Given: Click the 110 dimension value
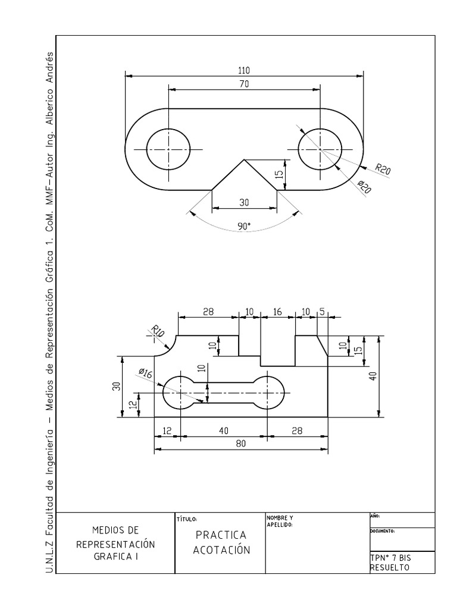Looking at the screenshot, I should [244, 70].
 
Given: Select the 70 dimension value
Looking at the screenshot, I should [244, 84].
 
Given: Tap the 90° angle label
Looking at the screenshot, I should [243, 226].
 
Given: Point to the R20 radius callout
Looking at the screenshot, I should [383, 170].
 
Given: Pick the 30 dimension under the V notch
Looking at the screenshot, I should [244, 202].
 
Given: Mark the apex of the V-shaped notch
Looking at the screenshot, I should [243, 159].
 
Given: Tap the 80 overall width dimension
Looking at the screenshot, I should [240, 444].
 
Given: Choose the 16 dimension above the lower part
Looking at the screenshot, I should [277, 312].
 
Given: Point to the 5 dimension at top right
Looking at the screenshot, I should [322, 312].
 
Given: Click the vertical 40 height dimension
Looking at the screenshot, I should [373, 376].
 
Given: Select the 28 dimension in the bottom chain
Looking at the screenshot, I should [297, 431].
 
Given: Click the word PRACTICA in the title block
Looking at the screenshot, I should [221, 535].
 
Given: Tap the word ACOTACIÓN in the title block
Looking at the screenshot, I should [221, 550].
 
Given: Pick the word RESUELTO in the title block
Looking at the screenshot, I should [390, 568].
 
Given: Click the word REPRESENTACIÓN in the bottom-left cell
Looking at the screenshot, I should [115, 544].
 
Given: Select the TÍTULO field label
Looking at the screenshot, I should [187, 519].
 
